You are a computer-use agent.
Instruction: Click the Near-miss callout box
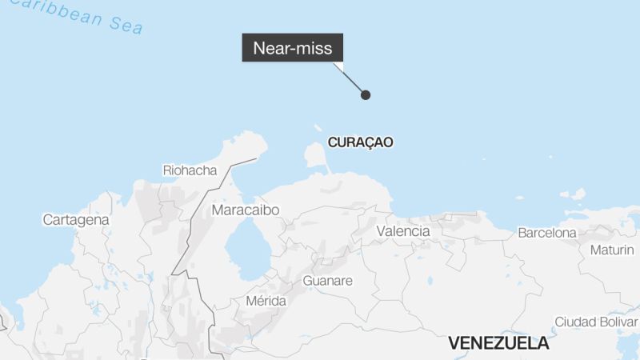point(293,48)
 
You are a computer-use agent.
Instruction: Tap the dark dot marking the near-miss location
point(366,95)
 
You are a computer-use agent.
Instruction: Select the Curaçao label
point(361,142)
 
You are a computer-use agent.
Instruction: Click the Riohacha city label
point(190,170)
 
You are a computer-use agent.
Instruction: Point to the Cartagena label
point(76,219)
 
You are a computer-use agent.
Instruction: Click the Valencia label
point(402,231)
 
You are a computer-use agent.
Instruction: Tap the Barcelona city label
point(547,233)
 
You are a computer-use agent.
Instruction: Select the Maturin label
point(612,250)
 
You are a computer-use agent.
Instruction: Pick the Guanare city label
point(327,281)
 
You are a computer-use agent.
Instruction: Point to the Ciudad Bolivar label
point(596,322)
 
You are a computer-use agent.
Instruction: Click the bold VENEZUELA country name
point(498,343)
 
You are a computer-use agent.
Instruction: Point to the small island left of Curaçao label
point(318,128)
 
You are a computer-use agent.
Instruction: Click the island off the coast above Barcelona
point(574,194)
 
